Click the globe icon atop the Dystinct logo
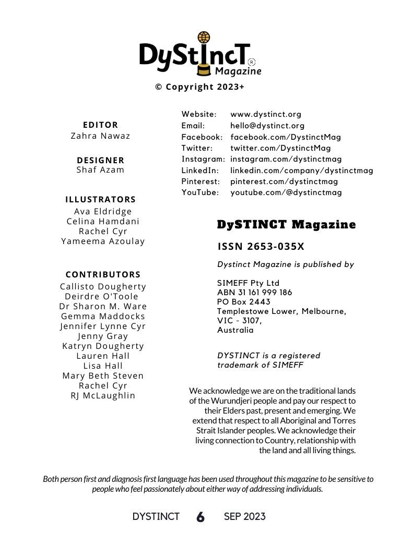click(204, 38)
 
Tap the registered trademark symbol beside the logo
click(252, 62)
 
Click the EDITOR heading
click(101, 125)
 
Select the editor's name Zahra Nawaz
click(101, 136)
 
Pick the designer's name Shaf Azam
click(101, 169)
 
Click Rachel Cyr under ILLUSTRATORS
click(103, 231)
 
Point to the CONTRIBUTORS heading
click(103, 274)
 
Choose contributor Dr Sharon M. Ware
click(103, 306)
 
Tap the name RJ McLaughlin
click(103, 395)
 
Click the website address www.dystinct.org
click(266, 114)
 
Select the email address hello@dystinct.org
click(267, 126)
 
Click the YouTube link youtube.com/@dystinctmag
click(286, 192)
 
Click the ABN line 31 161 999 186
click(254, 293)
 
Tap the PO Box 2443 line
click(244, 302)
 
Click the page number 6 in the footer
click(200, 517)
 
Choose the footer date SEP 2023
click(244, 517)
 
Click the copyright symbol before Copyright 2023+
click(159, 87)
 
